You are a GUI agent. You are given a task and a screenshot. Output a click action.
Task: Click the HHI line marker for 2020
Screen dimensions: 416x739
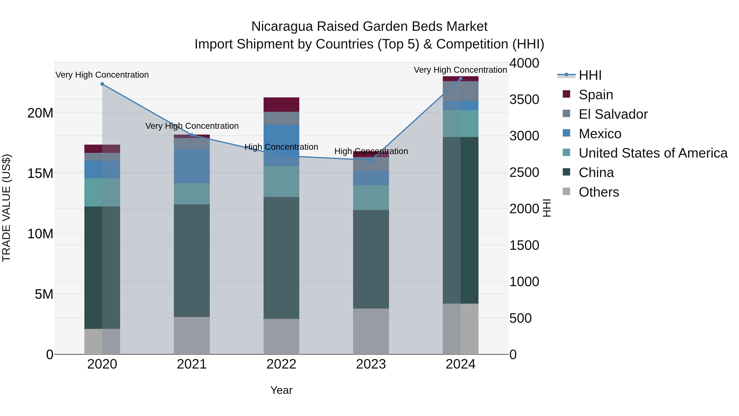pyautogui.click(x=102, y=84)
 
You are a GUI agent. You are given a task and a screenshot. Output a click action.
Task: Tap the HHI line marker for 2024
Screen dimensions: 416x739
pyautogui.click(x=460, y=79)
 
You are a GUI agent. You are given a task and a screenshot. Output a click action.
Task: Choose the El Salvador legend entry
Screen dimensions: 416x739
pyautogui.click(x=613, y=114)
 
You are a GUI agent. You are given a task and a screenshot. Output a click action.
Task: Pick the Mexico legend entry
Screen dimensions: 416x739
pyautogui.click(x=600, y=134)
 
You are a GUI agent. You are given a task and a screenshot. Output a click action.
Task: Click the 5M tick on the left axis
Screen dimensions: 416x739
pyautogui.click(x=44, y=294)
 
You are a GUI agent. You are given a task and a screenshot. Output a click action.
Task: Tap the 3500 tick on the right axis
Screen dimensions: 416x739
pyautogui.click(x=524, y=100)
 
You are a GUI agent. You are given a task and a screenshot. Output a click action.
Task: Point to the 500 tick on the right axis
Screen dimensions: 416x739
pyautogui.click(x=520, y=318)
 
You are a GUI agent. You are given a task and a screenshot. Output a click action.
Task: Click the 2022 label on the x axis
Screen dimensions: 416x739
pyautogui.click(x=281, y=364)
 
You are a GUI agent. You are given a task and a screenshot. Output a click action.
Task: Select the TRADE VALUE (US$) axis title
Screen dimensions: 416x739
pyautogui.click(x=6, y=208)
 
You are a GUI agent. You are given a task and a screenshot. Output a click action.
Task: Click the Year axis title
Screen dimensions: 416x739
pyautogui.click(x=281, y=390)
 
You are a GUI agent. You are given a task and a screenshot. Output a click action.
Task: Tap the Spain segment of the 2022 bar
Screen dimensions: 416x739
pyautogui.click(x=281, y=105)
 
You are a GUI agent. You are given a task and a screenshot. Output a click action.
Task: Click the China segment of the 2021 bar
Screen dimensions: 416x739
pyautogui.click(x=192, y=260)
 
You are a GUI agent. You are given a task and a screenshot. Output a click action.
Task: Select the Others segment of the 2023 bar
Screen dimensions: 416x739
pyautogui.click(x=371, y=331)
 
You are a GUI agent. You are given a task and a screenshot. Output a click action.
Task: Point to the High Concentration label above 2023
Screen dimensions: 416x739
pyautogui.click(x=371, y=151)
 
